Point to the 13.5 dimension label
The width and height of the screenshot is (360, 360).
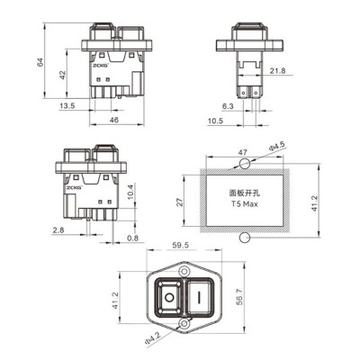pyautogui.click(x=67, y=104)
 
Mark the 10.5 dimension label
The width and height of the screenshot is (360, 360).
pyautogui.click(x=215, y=119)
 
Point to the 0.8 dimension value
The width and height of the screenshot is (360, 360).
pyautogui.click(x=133, y=238)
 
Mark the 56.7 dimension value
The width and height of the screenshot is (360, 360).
pyautogui.click(x=238, y=297)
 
